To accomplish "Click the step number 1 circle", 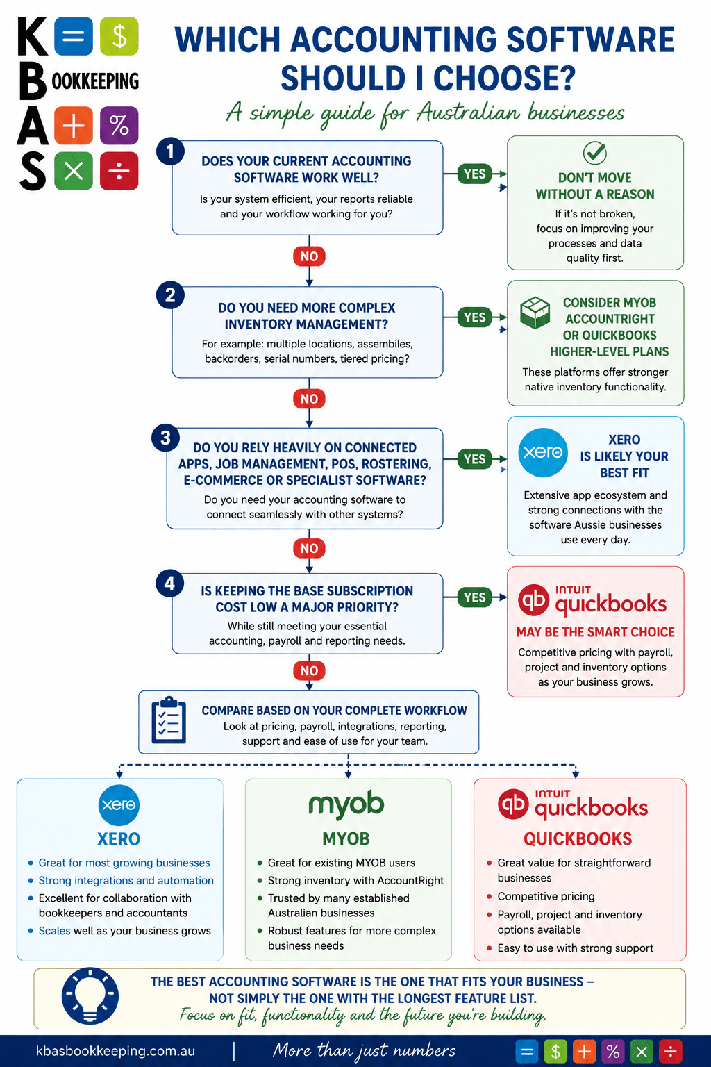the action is click(x=170, y=151).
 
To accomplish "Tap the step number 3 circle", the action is click(x=165, y=438).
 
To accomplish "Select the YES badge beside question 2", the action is click(x=474, y=317).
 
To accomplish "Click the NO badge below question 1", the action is click(x=309, y=256).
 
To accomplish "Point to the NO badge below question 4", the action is click(x=309, y=670).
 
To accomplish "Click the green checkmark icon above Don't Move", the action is click(x=595, y=152).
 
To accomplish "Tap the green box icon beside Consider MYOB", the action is click(x=535, y=313).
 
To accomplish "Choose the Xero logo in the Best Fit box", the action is click(x=543, y=452).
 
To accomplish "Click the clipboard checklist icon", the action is click(x=169, y=720).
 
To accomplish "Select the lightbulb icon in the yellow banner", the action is click(x=90, y=997).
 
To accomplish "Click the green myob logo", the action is click(x=346, y=804).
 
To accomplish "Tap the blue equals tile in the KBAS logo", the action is click(x=74, y=35).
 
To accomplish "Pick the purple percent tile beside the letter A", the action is click(x=119, y=126).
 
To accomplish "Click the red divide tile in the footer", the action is click(x=671, y=1051).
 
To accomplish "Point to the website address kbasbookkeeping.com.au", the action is click(x=116, y=1051).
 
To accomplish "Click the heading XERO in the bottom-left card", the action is click(x=119, y=839).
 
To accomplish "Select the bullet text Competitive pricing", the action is click(x=546, y=897).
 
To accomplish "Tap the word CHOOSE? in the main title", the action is click(x=504, y=78).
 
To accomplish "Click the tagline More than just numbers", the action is click(x=365, y=1051).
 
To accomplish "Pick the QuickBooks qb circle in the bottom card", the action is click(x=513, y=804).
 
